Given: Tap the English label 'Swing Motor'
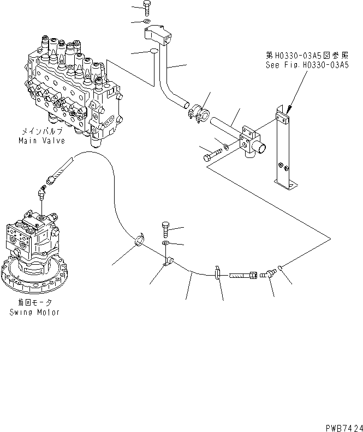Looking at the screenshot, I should coord(34,312).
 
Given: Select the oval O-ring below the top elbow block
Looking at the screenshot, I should coord(153,52).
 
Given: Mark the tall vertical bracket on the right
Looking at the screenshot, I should coord(285,153).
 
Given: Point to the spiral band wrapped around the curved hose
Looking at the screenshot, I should coord(140,240).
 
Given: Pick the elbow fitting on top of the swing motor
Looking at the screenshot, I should coord(41,193).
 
